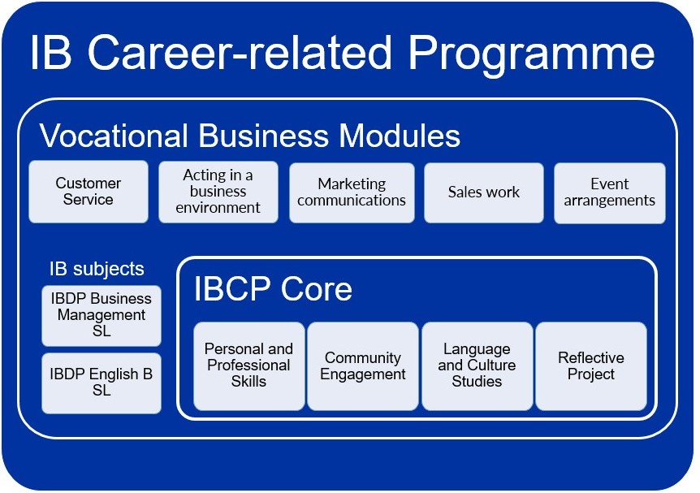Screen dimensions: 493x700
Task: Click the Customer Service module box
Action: coord(89,192)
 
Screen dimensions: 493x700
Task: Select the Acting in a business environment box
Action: coord(218,192)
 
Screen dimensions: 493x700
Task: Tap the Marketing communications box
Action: coord(352,192)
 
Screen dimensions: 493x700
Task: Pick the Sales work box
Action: coord(484,192)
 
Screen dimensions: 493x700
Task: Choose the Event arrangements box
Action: coord(609,192)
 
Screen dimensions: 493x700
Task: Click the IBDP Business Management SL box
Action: coord(102,315)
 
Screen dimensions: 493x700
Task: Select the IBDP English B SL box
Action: coord(102,383)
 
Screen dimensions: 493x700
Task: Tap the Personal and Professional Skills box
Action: coord(249,365)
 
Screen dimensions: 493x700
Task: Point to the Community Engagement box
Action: coord(363,366)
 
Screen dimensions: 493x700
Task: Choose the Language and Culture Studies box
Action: coord(477,365)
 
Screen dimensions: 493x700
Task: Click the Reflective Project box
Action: coord(591,366)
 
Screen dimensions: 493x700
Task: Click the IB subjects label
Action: coord(97,269)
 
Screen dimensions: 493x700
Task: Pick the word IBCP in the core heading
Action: coord(232,288)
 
